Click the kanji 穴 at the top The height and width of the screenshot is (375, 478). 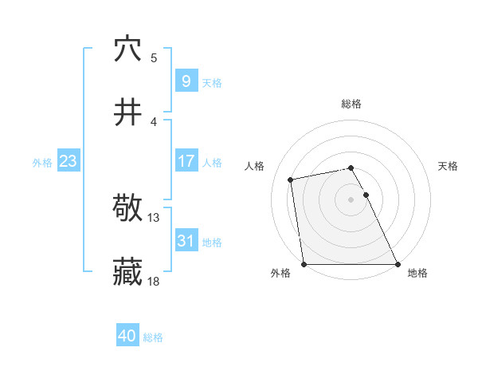tap(127, 49)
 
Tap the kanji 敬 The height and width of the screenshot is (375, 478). tap(127, 209)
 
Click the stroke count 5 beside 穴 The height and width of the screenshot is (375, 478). tap(154, 57)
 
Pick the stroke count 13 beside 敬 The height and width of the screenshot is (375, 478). tap(154, 217)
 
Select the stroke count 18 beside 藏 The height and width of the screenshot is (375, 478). tap(154, 281)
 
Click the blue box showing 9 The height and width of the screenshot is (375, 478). tap(186, 81)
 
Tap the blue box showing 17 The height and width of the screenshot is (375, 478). tap(186, 161)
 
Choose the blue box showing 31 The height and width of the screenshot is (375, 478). tap(186, 241)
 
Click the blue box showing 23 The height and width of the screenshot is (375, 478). tap(68, 162)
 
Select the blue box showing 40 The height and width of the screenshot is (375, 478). tap(127, 337)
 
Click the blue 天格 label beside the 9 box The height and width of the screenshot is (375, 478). tap(212, 82)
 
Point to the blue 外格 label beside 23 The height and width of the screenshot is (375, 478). tap(42, 163)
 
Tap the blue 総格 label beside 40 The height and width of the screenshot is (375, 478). tap(153, 337)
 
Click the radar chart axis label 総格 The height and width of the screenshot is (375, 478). tap(351, 104)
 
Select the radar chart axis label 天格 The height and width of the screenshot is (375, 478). tap(448, 166)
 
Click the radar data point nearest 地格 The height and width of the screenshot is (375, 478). tap(398, 264)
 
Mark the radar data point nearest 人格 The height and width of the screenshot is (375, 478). tap(292, 180)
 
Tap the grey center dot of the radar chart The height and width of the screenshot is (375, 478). tap(351, 199)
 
